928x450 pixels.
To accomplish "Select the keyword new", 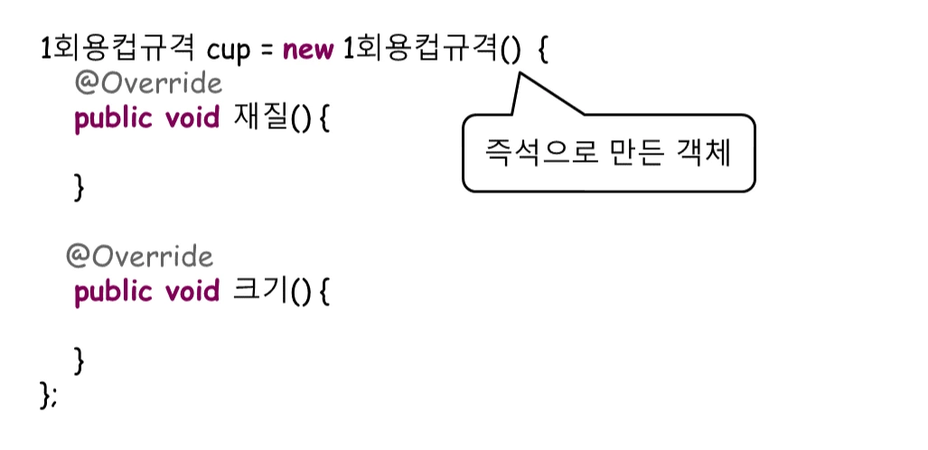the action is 307,49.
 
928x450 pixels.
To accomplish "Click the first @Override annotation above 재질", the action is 147,84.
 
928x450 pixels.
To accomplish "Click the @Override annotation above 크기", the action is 139,258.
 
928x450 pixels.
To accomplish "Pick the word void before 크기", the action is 192,292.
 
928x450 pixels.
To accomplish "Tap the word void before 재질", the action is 192,118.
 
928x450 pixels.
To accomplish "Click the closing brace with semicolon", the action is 49,395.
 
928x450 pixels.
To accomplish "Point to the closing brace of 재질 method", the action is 79,187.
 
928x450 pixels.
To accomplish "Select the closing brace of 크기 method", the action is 79,361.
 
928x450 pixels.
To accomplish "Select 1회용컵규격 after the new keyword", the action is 423,49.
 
